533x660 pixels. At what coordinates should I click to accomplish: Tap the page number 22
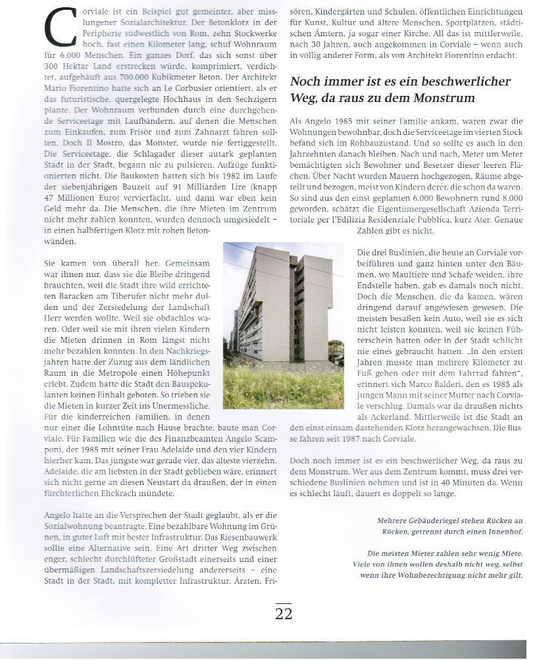point(284,614)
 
